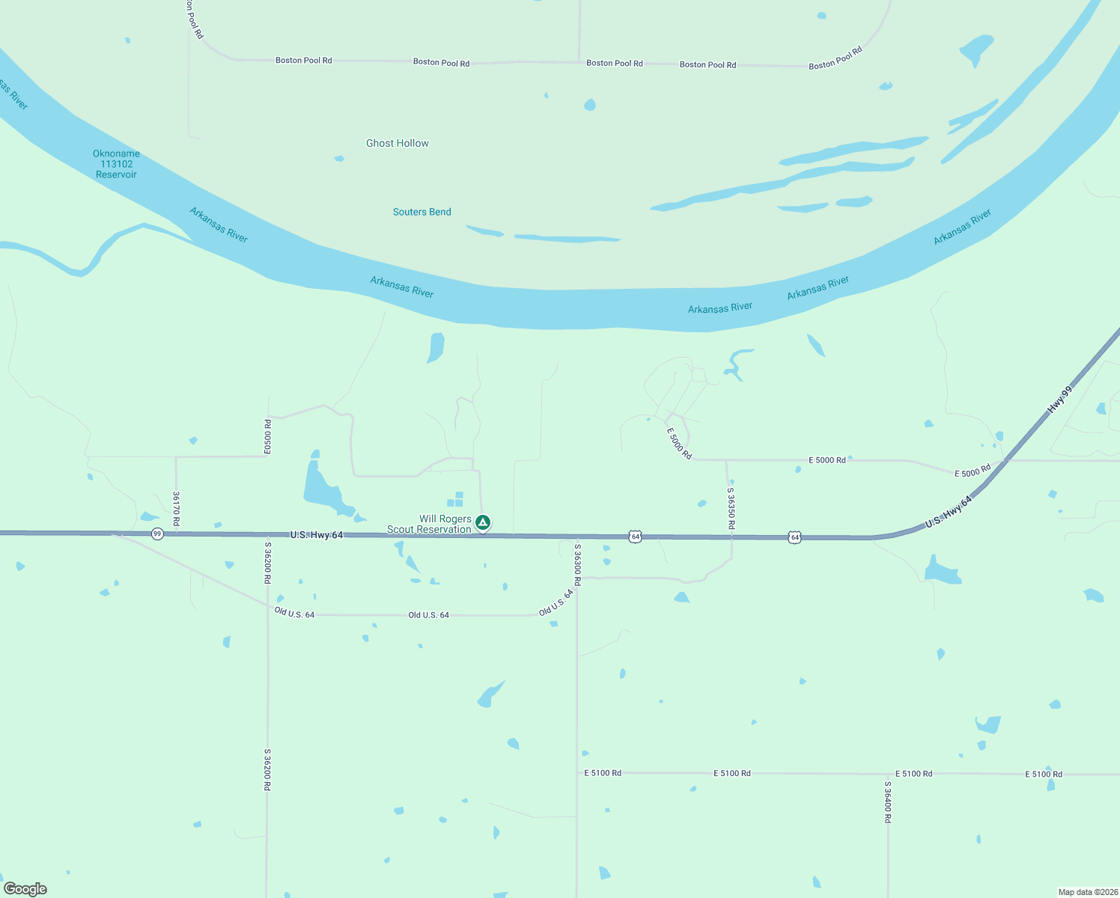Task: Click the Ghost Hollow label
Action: click(397, 143)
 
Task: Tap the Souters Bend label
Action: click(421, 212)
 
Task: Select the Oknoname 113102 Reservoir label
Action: click(116, 164)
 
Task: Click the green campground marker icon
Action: click(483, 522)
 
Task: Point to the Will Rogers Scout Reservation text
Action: click(430, 524)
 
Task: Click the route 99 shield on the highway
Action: click(156, 534)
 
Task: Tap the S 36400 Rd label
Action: click(887, 802)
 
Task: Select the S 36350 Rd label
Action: click(731, 509)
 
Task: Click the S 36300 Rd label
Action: click(577, 564)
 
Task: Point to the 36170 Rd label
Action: click(176, 509)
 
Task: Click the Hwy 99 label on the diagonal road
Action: click(1059, 400)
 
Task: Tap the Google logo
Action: click(25, 889)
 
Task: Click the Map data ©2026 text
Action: click(1086, 892)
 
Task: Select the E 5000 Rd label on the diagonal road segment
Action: click(679, 444)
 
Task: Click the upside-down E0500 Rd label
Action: click(267, 436)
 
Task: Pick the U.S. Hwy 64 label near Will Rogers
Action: click(316, 535)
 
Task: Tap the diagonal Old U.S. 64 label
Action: click(556, 602)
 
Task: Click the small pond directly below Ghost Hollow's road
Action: click(590, 105)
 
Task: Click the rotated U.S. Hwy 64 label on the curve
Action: click(948, 512)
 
